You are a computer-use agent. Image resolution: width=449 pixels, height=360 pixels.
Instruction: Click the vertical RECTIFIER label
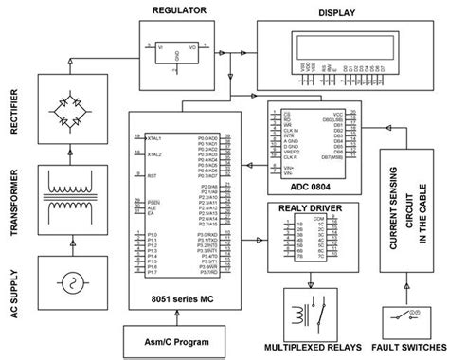point(15,113)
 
